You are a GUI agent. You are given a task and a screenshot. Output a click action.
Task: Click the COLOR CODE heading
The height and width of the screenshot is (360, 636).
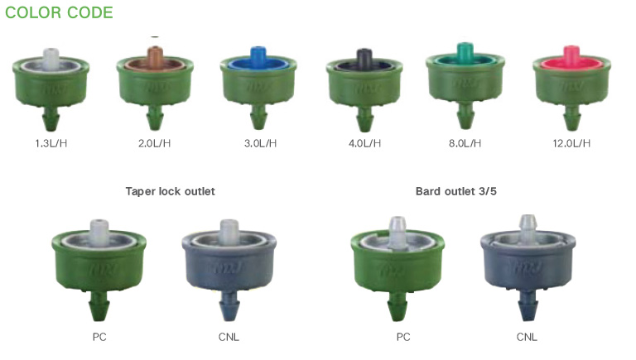[x=59, y=12]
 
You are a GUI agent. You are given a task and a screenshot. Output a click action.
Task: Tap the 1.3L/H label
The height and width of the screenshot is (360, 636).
[x=51, y=143]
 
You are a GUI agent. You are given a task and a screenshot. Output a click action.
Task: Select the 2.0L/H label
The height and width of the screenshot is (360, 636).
[x=155, y=143]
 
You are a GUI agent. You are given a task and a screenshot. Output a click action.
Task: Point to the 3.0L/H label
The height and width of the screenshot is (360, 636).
[x=260, y=143]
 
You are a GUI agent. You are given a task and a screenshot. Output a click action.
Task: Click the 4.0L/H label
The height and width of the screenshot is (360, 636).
[x=364, y=143]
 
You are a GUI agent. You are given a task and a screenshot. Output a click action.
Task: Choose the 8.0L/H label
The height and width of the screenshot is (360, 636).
[x=465, y=143]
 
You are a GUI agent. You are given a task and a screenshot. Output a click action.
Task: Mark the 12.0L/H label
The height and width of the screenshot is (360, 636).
[x=571, y=143]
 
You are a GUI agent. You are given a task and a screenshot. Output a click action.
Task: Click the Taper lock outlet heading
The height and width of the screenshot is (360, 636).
[x=171, y=191]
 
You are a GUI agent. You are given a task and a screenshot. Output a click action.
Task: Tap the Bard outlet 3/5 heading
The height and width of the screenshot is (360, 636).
[x=456, y=191]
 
